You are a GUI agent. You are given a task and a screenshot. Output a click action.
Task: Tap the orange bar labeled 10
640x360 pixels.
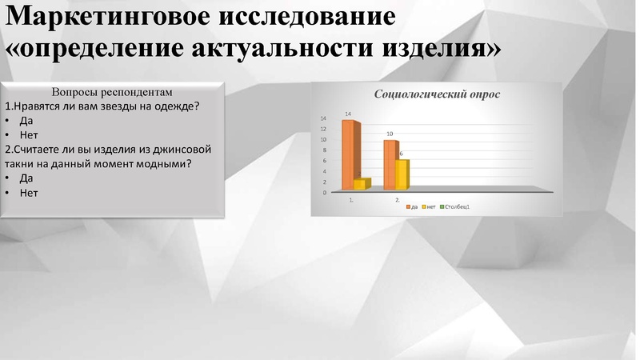[x=389, y=165]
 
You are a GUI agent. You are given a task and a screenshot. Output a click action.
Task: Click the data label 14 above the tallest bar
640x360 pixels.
[x=348, y=114]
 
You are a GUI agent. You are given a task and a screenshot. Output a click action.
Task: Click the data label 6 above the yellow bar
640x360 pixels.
[x=401, y=154]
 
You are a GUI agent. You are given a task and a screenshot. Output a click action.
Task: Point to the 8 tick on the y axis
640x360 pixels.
[x=323, y=150]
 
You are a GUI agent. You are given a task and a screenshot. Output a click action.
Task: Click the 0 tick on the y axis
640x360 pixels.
[x=324, y=192]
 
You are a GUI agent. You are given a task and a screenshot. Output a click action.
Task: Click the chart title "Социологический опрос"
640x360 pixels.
[x=438, y=94]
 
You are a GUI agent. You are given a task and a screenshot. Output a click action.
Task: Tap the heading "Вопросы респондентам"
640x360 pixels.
[x=112, y=92]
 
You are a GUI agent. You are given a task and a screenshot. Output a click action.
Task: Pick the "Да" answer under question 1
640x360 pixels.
[x=26, y=121]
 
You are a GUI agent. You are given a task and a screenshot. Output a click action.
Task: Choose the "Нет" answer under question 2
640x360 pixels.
[x=29, y=193]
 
